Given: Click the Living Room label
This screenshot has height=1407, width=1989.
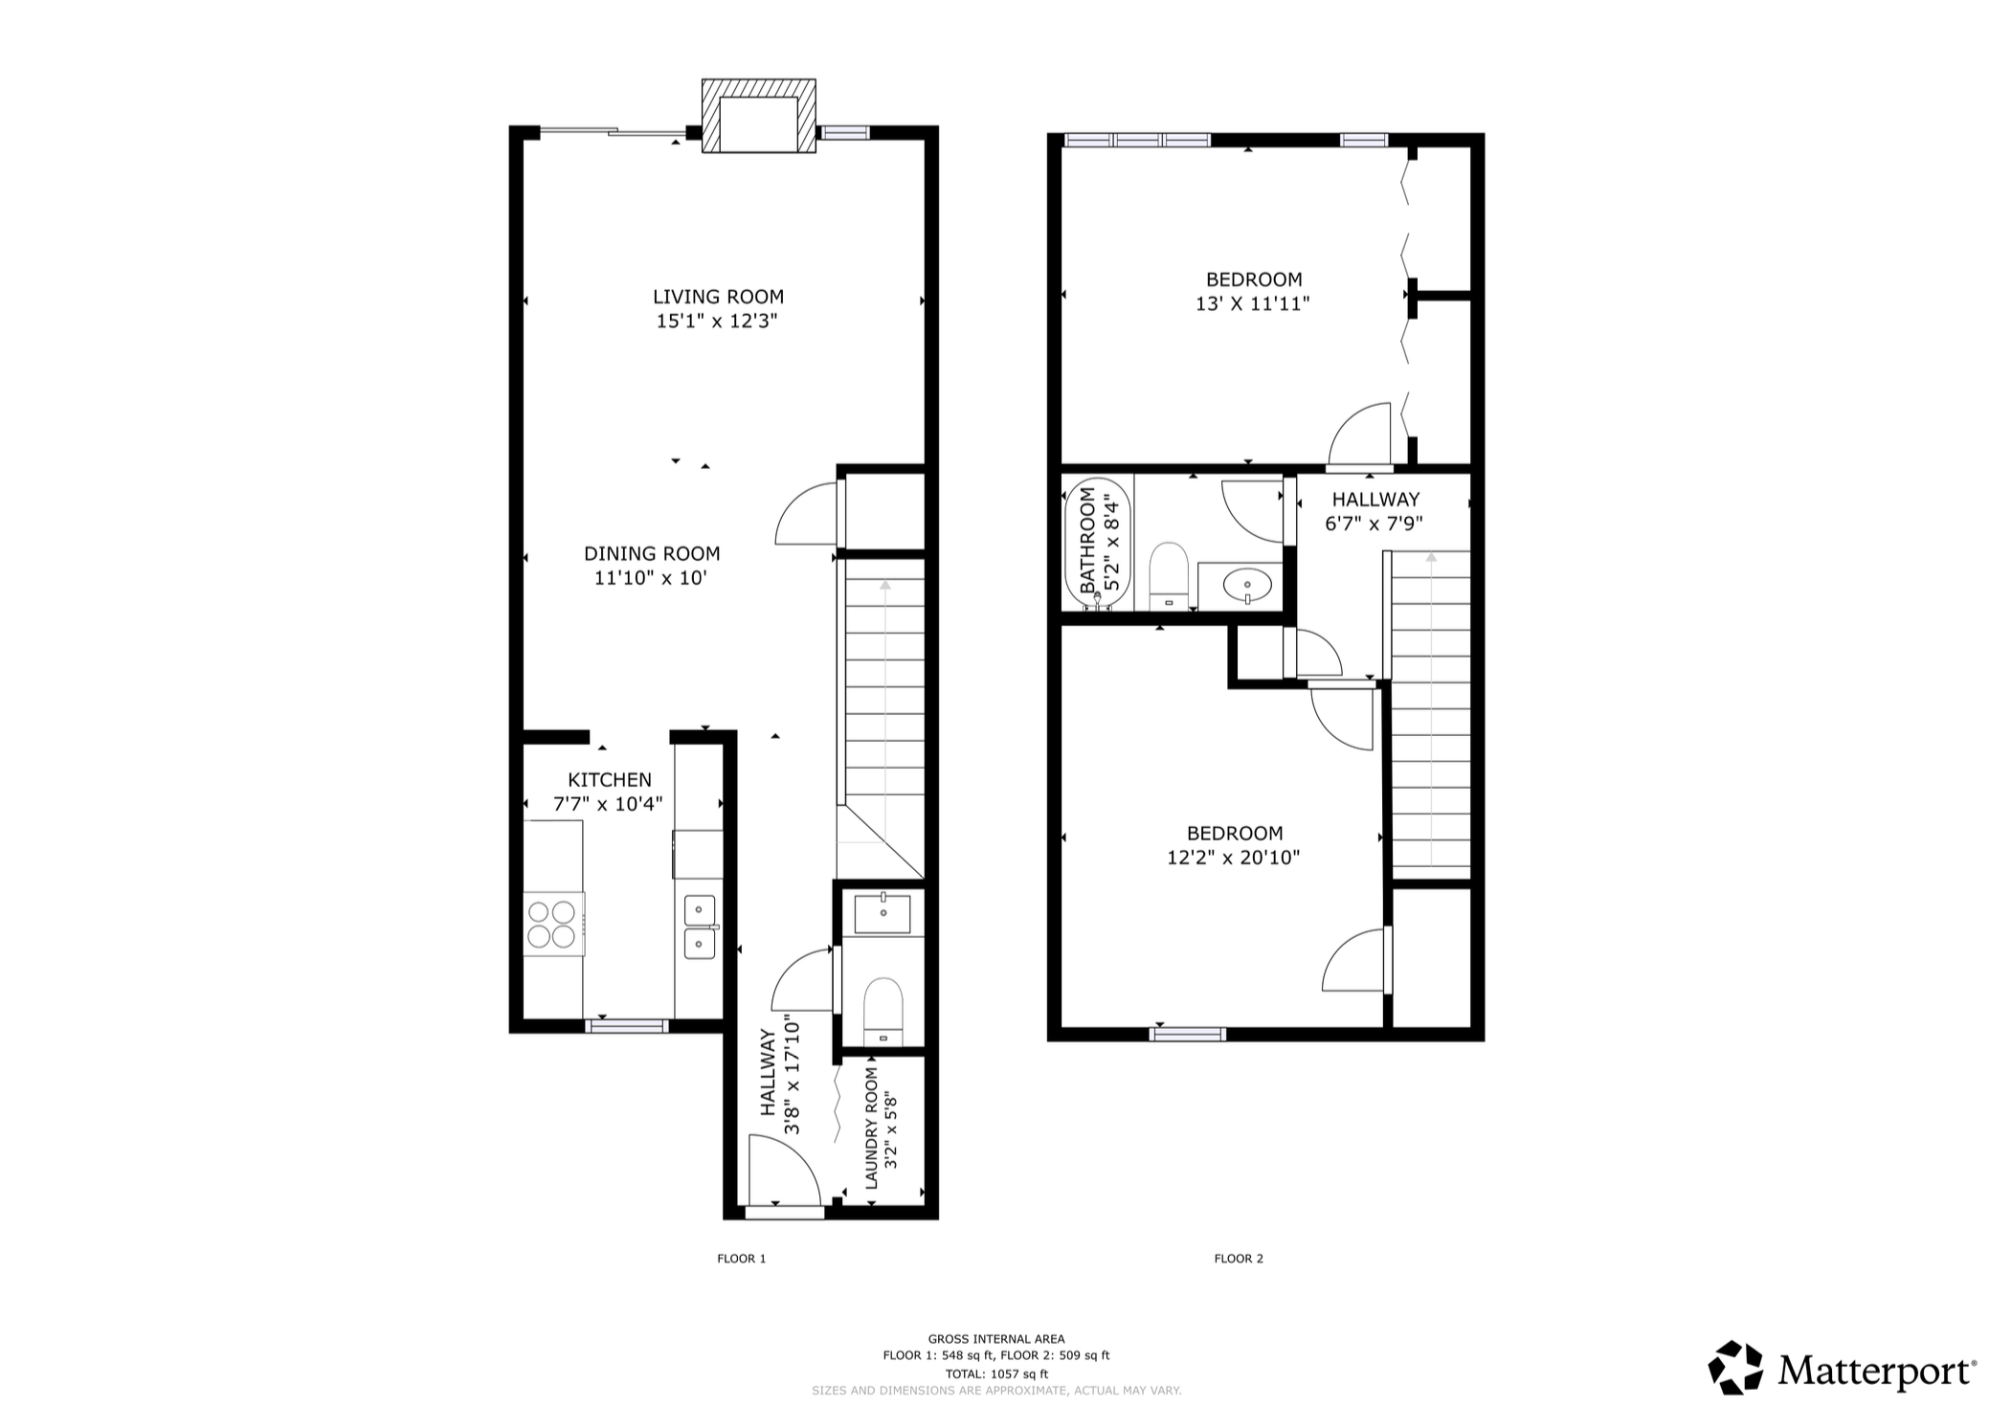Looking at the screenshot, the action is pos(718,297).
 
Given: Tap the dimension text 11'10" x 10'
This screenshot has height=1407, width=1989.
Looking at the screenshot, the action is pos(651,578).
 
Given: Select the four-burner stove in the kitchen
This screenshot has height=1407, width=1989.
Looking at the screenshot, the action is pos(553,924).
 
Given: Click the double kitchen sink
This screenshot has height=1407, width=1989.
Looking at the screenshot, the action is pos(700,927).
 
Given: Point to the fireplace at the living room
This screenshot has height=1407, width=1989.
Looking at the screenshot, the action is pos(759,116).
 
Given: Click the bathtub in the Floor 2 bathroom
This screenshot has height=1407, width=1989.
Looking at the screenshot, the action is pos(1098,544).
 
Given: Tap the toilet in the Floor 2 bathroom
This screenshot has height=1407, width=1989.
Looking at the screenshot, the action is pos(1168,575).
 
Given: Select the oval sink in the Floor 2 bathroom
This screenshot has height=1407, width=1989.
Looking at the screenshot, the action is pos(1248,583).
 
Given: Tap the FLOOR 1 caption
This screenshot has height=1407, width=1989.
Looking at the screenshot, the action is pos(742,1259).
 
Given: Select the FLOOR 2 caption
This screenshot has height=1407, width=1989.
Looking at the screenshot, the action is pos(1239,1259).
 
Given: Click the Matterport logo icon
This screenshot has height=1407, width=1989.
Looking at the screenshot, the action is pos(1736,1367).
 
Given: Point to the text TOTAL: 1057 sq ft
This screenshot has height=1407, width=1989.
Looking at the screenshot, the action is pos(996,1373).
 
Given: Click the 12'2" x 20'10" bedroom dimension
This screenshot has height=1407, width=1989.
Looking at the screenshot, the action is pos(1234,858).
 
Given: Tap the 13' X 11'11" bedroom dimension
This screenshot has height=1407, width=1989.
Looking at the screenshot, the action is pos(1253,304).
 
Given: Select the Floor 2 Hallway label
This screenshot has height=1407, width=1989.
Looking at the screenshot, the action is pos(1375,500).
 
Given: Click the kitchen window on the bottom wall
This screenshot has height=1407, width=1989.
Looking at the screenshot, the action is pos(627,1026).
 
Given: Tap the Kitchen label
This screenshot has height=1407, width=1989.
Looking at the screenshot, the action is pos(610,780).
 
